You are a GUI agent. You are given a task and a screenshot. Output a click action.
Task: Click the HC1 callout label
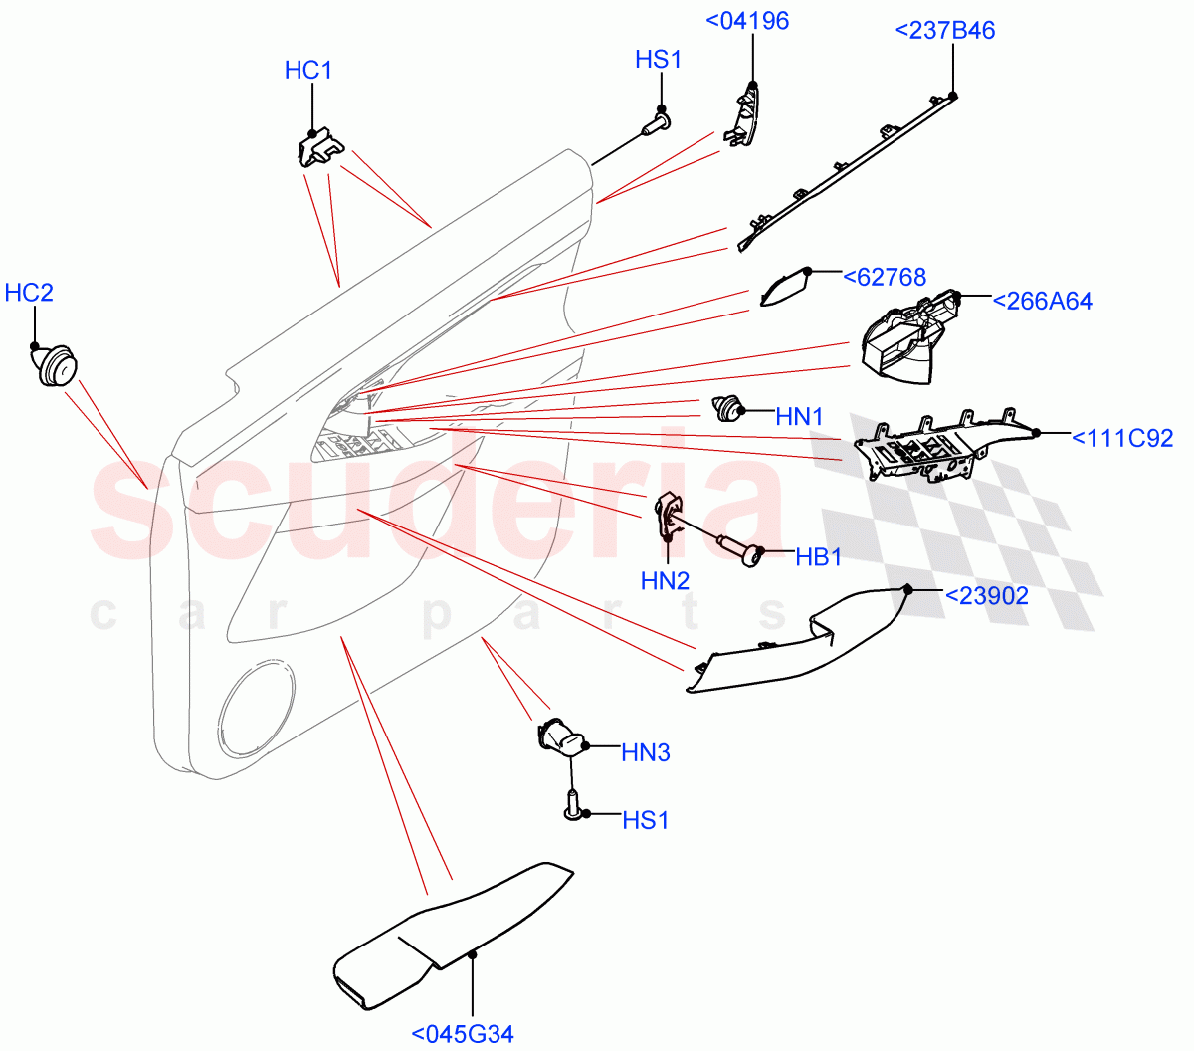click(x=308, y=71)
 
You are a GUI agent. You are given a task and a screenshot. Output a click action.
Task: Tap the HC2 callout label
click(x=29, y=293)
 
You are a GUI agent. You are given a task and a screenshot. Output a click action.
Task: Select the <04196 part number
click(x=747, y=21)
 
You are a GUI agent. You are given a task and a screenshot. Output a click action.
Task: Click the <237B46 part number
click(x=945, y=31)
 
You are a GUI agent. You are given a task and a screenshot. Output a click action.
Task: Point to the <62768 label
click(x=885, y=278)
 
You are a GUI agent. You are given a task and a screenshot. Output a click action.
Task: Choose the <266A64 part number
click(x=1042, y=301)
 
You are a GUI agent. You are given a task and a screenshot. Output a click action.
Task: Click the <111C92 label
click(x=1121, y=438)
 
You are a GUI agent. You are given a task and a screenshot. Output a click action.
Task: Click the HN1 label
click(x=800, y=417)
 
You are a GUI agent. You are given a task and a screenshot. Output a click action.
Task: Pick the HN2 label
click(x=666, y=581)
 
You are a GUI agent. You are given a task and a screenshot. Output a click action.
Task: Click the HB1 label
click(x=819, y=557)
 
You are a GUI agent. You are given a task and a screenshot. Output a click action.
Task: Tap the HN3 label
click(x=646, y=753)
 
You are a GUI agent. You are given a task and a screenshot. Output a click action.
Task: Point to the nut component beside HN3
click(x=563, y=738)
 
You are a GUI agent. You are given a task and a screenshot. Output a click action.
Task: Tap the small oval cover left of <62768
click(x=784, y=288)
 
